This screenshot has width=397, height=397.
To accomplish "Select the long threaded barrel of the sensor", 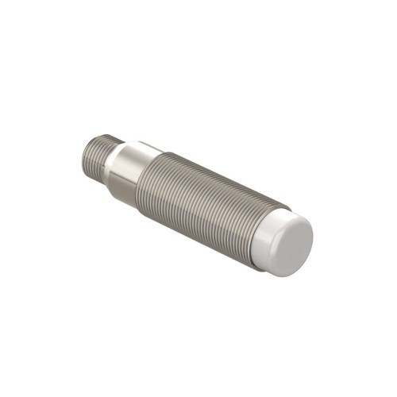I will [202, 202].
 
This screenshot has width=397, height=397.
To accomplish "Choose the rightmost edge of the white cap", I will [313, 238].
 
